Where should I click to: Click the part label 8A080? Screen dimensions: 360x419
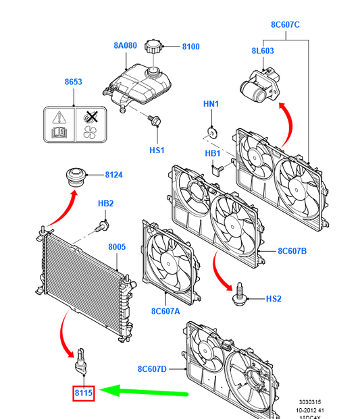125,45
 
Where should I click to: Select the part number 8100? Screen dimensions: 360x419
190,47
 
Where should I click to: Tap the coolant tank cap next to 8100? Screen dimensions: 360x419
153,47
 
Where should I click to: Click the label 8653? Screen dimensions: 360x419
74,82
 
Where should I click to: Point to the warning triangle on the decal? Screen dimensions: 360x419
59,117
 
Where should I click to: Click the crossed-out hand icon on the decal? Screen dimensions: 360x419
91,117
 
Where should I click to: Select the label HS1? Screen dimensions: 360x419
157,150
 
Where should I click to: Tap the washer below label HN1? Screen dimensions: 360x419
212,133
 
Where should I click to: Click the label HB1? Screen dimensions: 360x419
212,153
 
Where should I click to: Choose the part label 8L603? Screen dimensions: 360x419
263,51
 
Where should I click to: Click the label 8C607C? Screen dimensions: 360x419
285,24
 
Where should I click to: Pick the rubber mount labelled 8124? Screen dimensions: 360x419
76,177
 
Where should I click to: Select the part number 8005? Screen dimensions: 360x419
117,247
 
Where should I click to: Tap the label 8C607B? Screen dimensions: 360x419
292,251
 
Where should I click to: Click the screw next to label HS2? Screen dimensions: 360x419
239,294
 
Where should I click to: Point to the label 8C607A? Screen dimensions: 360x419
165,311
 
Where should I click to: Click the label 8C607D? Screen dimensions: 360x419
152,369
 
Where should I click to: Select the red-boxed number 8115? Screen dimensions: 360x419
84,393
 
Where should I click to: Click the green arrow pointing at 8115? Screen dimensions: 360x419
144,392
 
